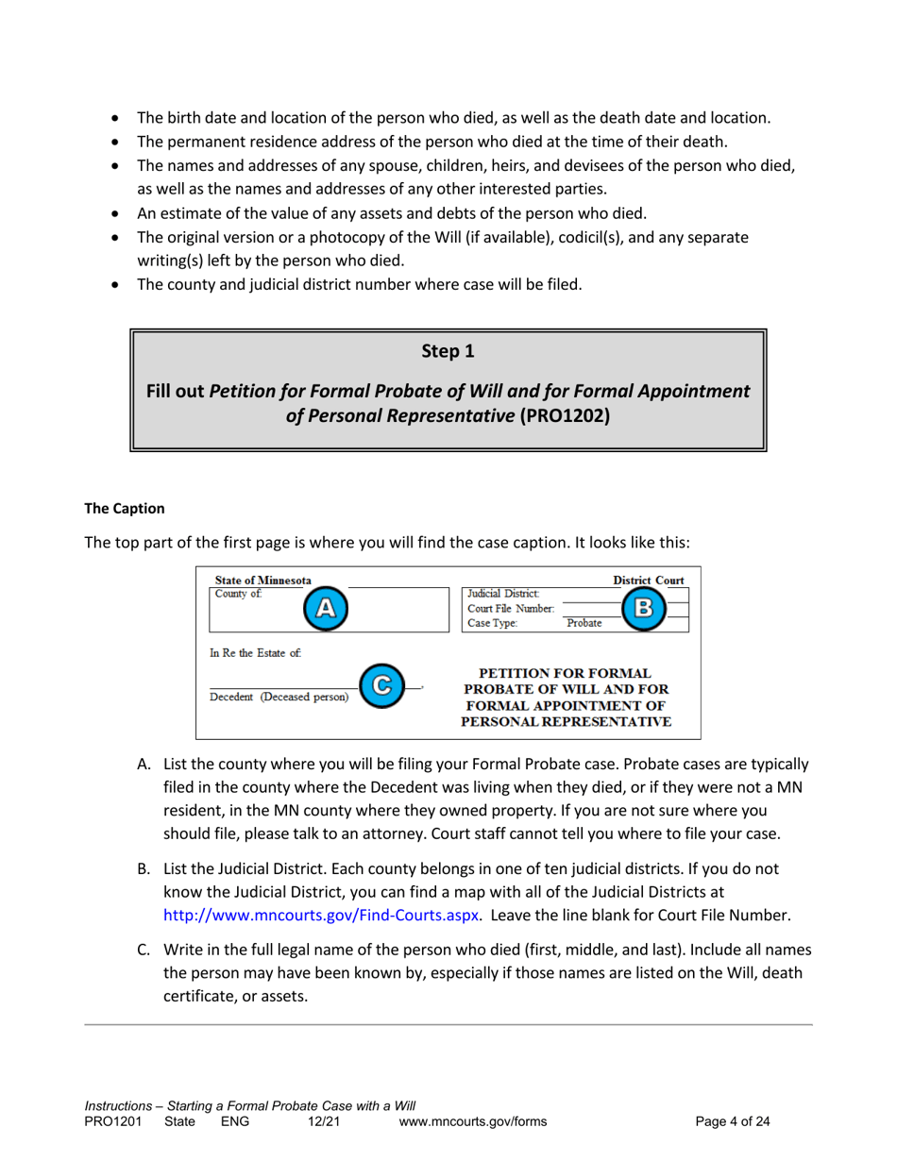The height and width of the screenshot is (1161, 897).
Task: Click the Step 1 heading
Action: point(448,352)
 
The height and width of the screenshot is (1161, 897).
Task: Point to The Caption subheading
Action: point(125,508)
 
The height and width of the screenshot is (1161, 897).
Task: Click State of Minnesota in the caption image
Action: point(262,580)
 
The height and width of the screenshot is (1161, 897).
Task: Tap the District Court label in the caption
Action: point(649,580)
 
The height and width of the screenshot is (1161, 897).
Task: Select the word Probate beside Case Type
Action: point(585,623)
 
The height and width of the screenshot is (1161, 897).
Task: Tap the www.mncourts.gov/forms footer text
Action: point(473,1122)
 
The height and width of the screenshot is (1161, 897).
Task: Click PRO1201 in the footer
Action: point(112,1122)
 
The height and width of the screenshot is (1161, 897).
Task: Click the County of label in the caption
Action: point(238,594)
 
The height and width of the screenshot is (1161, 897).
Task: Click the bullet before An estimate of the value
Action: point(115,213)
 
